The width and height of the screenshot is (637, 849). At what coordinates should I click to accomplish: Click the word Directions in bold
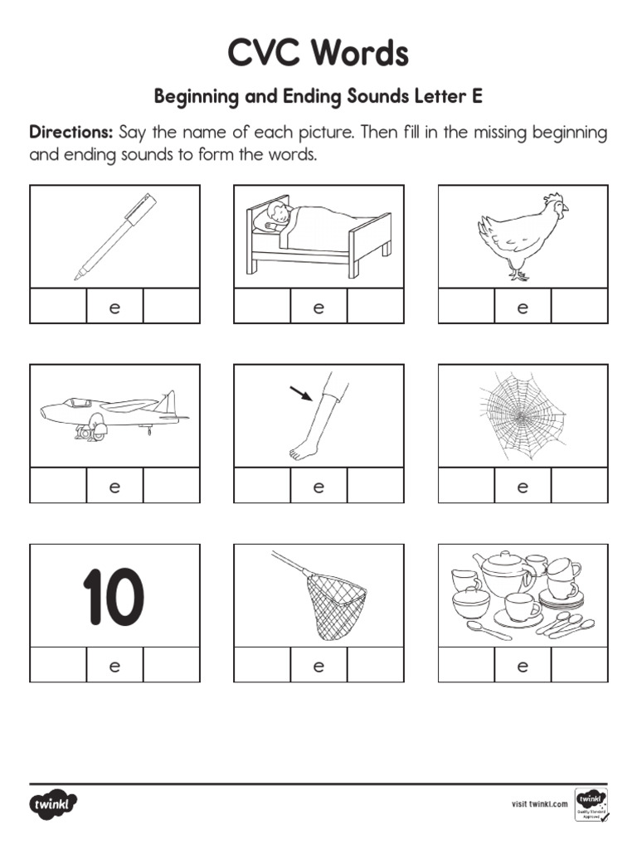[71, 133]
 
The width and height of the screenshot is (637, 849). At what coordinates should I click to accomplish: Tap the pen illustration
[115, 235]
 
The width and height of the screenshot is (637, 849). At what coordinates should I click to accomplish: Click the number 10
[114, 596]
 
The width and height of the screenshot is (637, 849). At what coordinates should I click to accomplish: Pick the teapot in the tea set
[503, 573]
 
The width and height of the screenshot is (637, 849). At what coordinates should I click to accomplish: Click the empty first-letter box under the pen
[59, 306]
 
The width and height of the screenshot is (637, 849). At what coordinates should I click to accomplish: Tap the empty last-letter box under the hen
[579, 306]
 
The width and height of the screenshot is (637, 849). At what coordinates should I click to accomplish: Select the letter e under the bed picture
[318, 308]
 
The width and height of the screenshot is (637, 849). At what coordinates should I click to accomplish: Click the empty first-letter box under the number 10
[59, 665]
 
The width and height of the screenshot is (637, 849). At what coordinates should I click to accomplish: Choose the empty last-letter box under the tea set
[579, 665]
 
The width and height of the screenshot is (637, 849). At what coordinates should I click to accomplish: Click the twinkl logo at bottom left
[54, 804]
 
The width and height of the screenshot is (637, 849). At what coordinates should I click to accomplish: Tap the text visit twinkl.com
[539, 804]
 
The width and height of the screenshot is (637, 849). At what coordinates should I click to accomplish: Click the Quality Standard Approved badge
[590, 805]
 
